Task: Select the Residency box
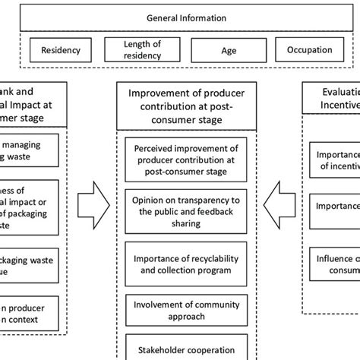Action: tap(60, 50)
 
